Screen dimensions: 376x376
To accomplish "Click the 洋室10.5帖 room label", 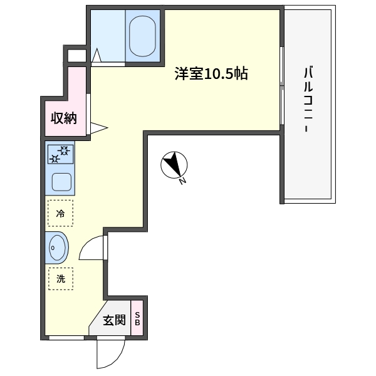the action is click(211, 74).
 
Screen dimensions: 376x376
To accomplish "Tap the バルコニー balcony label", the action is click(308, 99).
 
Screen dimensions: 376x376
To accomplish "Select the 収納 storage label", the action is click(64, 118).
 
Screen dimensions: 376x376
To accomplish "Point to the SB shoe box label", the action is click(137, 318).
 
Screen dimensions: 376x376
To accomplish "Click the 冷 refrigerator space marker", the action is click(60, 213).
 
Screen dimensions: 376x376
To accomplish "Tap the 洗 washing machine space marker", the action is click(61, 279).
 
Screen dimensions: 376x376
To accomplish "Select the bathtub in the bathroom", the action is click(142, 36).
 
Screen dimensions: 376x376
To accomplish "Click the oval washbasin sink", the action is click(57, 248).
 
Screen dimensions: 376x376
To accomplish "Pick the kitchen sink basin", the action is click(61, 182).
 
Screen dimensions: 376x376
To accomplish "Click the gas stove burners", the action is click(60, 154).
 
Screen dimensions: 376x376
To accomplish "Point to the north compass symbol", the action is click(174, 165).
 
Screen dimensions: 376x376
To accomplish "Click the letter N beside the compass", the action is click(183, 181).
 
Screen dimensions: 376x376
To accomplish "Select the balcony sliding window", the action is click(282, 86).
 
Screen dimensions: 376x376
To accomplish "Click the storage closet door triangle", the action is click(99, 128).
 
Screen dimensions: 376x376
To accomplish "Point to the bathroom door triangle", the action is click(97, 55).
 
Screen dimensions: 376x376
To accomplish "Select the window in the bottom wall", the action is click(66, 338).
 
